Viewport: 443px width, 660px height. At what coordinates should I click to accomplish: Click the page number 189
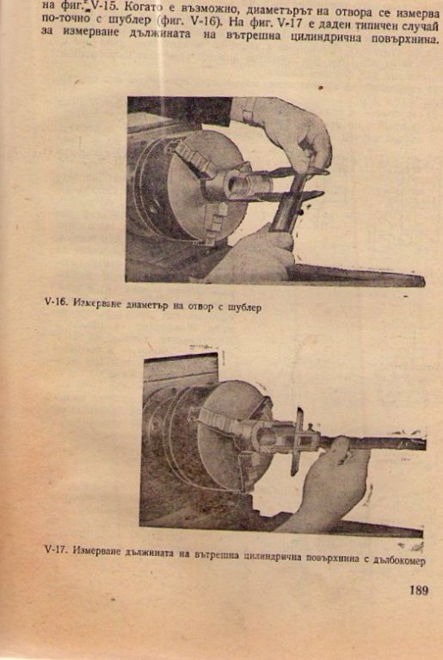(418, 590)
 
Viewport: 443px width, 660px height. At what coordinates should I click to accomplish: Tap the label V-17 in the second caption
(55, 551)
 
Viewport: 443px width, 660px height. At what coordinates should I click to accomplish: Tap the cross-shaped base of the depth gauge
(300, 441)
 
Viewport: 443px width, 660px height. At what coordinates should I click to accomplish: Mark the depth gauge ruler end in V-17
(422, 444)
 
